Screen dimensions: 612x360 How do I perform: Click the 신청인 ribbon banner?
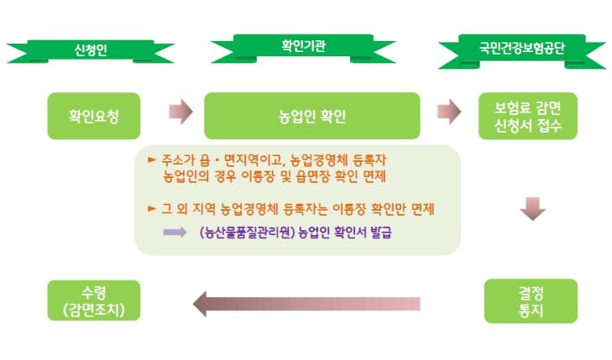[91, 50]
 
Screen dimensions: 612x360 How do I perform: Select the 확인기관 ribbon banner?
[303, 48]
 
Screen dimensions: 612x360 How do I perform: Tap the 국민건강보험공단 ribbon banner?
[522, 50]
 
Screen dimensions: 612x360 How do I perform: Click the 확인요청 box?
[94, 116]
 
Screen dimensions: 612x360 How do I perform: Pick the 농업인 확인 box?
[312, 116]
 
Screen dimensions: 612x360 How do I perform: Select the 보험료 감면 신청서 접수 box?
[528, 116]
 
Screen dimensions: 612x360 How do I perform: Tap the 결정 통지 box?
[531, 300]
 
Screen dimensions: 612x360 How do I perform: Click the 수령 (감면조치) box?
[94, 300]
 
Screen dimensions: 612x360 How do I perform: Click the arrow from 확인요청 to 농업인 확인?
[180, 112]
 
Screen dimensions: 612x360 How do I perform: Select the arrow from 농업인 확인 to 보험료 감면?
[449, 112]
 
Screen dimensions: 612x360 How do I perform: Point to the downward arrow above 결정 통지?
[533, 209]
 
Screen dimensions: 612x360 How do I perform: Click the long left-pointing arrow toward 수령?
[306, 304]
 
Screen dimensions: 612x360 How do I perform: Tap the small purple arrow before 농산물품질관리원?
[175, 232]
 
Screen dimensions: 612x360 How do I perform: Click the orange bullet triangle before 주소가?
[152, 159]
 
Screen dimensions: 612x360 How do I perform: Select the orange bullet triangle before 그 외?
[152, 209]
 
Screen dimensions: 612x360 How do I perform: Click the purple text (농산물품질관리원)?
[247, 232]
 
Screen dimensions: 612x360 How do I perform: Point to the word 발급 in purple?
[380, 232]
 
